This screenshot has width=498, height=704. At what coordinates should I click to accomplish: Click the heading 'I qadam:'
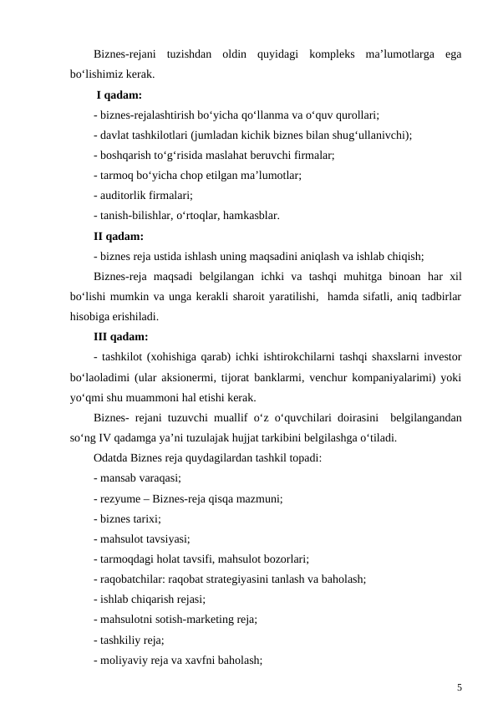click(119, 94)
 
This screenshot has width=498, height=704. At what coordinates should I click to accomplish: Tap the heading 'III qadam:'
click(121, 337)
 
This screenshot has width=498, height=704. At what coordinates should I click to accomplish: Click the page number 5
click(459, 687)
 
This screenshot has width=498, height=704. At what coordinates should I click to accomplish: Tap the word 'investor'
click(442, 357)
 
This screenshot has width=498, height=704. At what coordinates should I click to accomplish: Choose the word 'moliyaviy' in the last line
click(122, 661)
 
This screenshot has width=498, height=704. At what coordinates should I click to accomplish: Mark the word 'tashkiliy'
click(119, 640)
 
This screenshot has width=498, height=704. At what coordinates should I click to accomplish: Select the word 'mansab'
click(117, 478)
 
